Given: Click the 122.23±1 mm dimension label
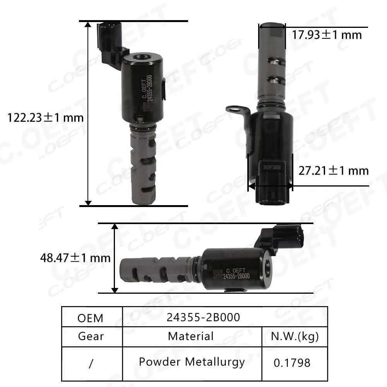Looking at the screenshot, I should (46, 117).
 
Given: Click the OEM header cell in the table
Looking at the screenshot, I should (91, 318).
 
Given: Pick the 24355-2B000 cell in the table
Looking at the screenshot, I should (203, 317).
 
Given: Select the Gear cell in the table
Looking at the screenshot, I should (91, 336).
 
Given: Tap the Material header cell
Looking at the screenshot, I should (190, 336).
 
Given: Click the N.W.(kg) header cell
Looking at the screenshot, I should (295, 336).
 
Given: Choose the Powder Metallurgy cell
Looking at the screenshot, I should (192, 362).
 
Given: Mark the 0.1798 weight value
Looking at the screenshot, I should (292, 363).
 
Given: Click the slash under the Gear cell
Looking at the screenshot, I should (91, 363).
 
